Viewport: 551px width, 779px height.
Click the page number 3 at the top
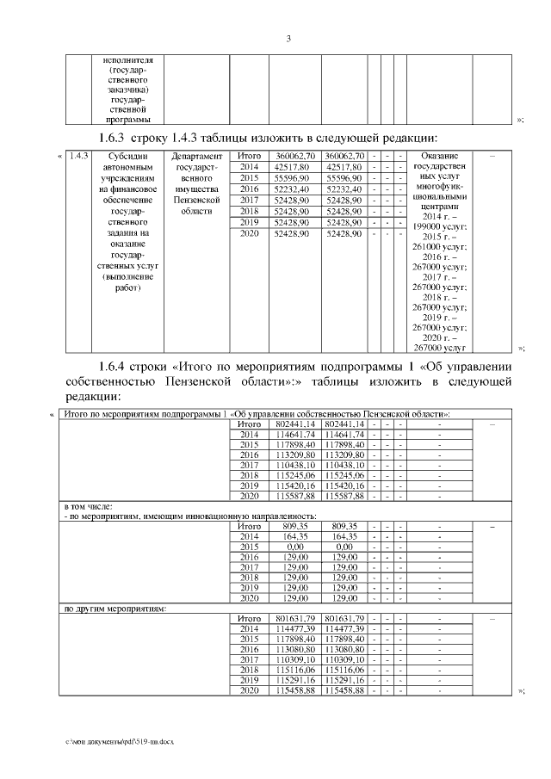coord(289,38)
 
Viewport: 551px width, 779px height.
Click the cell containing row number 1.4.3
coord(78,156)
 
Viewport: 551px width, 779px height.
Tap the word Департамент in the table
coord(196,156)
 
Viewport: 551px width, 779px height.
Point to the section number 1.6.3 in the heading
coord(114,138)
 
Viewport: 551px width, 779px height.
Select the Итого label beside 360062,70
coord(249,156)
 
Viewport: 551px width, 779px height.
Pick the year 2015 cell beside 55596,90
coord(249,177)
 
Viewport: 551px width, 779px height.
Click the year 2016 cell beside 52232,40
coord(249,189)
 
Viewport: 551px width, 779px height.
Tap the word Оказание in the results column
coord(439,156)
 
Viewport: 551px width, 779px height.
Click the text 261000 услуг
coord(439,249)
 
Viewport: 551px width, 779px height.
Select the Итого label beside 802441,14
coord(249,424)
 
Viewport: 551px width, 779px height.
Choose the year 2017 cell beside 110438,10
coord(249,465)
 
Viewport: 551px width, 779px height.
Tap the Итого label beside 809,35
coord(249,525)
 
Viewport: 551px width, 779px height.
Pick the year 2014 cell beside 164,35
coord(249,535)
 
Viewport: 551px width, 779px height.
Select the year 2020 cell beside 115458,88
coord(249,690)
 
